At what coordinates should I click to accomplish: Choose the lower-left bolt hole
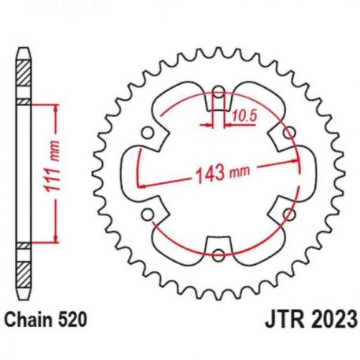click(147, 213)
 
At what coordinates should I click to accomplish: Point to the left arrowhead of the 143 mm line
click(141, 185)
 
